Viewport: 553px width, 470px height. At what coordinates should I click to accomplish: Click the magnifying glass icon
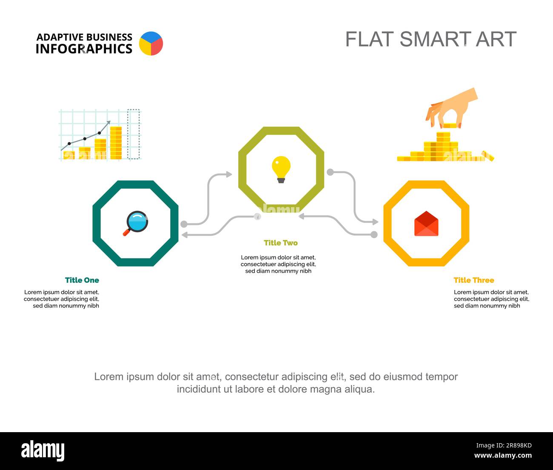click(136, 223)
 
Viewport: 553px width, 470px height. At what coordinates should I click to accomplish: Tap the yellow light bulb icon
click(281, 169)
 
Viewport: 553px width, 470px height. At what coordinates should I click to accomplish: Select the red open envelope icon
click(426, 223)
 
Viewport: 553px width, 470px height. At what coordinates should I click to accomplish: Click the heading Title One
click(82, 280)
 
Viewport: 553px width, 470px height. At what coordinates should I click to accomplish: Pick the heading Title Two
click(281, 242)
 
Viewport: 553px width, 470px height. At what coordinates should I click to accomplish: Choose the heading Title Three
click(474, 280)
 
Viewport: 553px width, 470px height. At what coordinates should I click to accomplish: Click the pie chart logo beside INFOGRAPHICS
click(151, 43)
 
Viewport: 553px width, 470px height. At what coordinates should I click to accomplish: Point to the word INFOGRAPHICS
click(84, 49)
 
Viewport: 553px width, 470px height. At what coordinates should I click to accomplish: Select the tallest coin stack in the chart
click(116, 143)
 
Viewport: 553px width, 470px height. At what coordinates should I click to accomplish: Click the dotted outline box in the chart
click(134, 134)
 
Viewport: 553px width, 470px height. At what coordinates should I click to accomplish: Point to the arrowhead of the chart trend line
click(108, 123)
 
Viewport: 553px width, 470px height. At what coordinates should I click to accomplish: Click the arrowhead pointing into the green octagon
click(229, 174)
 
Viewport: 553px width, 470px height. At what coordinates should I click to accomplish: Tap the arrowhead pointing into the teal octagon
click(184, 235)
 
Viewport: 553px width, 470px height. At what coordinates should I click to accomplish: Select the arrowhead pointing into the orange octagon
click(375, 222)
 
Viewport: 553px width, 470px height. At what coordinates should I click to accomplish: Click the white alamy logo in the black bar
click(43, 450)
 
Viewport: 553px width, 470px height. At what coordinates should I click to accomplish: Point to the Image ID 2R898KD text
click(504, 445)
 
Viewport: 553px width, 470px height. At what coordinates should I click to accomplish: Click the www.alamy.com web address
click(503, 455)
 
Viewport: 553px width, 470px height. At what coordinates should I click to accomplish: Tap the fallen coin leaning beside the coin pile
click(487, 156)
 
